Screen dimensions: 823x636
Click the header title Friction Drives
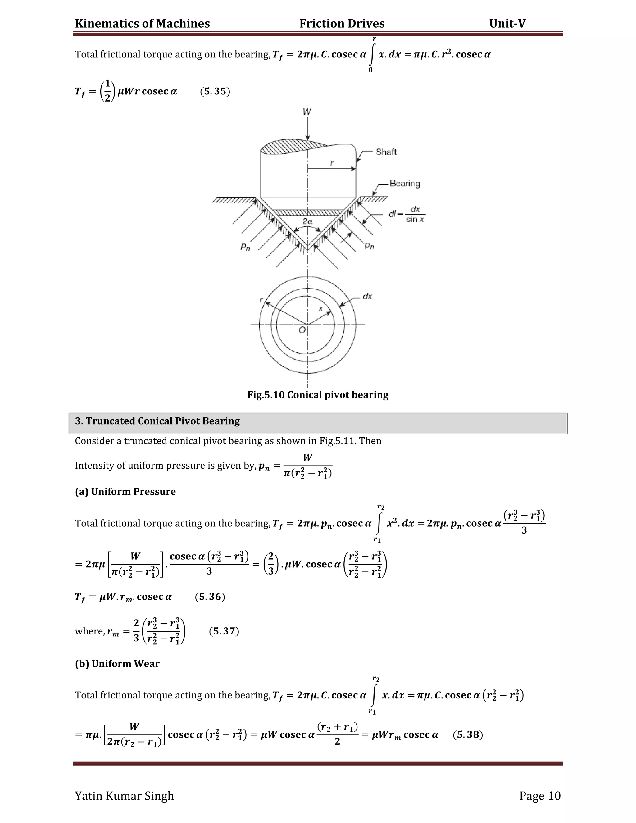click(342, 24)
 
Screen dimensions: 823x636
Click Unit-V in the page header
click(507, 24)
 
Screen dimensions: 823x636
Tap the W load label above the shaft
click(307, 111)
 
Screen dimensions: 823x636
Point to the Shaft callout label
click(386, 152)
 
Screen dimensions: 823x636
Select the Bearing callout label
click(405, 184)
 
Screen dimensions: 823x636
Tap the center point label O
click(302, 330)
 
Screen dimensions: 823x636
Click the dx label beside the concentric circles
click(367, 297)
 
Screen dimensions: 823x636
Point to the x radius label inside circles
click(320, 309)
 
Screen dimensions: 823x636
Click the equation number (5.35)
click(215, 92)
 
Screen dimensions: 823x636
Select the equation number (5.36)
click(210, 597)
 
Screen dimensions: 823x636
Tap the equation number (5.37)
click(224, 631)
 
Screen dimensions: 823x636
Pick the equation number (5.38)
click(468, 734)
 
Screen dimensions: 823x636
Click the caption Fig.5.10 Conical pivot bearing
click(318, 395)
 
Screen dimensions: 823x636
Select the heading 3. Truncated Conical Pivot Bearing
click(157, 421)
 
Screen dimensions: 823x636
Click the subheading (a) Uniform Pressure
click(125, 491)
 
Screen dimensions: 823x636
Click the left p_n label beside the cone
click(245, 247)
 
